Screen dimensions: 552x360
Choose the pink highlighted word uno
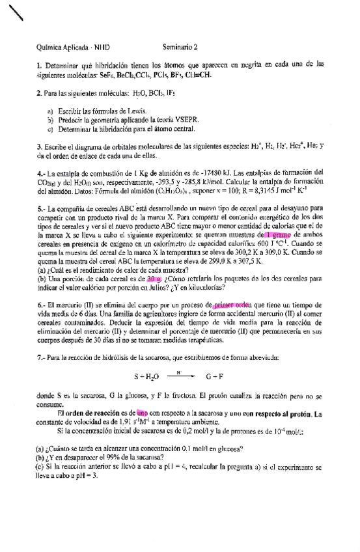click(142, 413)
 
